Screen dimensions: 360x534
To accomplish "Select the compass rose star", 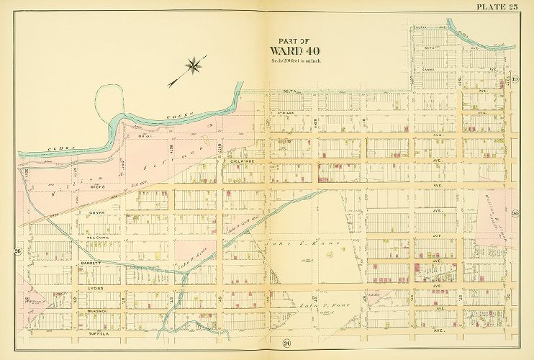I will pos(192,66).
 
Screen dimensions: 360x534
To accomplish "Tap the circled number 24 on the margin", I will pos(266,341).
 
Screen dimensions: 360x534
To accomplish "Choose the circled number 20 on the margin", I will pos(515,214).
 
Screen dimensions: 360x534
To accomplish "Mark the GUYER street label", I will pos(98,213).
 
